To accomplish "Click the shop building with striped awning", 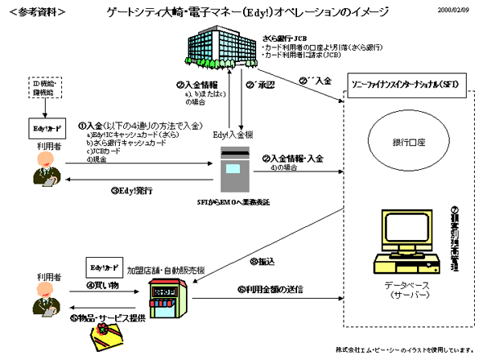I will (x=164, y=298).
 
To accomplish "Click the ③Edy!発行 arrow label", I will (x=131, y=191).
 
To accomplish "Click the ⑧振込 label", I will (x=264, y=262).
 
